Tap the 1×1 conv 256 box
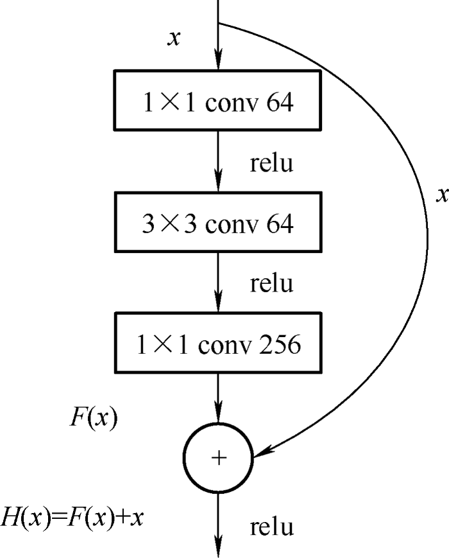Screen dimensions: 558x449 [217, 345]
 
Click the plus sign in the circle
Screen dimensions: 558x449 [219, 457]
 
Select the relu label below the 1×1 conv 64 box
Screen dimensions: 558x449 [271, 164]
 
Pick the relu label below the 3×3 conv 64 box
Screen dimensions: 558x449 [271, 283]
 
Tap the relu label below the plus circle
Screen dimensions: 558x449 [271, 527]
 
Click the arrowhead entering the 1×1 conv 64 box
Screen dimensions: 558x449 [219, 63]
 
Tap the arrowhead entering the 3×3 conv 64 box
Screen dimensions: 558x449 [219, 184]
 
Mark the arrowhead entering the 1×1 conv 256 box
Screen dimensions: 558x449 [219, 304]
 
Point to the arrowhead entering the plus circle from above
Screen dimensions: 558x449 [219, 419]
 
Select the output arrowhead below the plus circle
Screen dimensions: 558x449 [219, 549]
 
